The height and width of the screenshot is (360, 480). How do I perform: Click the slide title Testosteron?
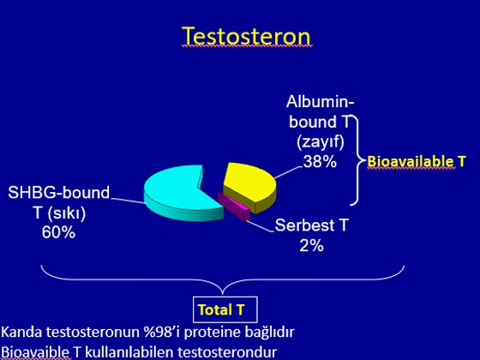247,36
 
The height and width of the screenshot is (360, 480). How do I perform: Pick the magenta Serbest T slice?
234,206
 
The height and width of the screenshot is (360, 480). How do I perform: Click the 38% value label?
320,161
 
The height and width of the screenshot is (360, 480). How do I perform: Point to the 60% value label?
58,232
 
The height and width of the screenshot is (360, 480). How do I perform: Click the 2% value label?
312,245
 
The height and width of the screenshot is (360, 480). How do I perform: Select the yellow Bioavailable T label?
417,161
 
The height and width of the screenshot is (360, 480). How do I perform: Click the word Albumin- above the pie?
321,102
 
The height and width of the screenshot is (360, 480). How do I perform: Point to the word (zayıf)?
321,142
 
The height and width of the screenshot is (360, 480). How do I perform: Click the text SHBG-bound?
59,193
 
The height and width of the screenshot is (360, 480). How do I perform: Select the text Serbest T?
312,225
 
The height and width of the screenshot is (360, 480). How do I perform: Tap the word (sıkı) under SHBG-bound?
67,213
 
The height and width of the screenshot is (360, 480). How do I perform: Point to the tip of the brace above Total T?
223,294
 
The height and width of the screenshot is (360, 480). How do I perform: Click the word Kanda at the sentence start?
21,333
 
